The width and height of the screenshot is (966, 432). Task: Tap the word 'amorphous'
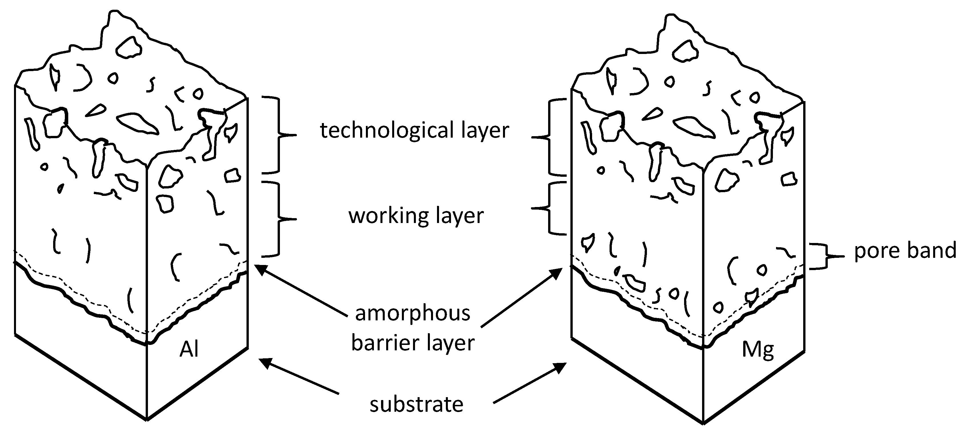412,314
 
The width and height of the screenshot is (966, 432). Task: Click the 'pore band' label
905,250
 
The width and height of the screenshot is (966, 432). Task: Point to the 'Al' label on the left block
189,349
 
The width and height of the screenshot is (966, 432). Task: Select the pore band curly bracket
823,256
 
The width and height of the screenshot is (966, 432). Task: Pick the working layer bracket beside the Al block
279,219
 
